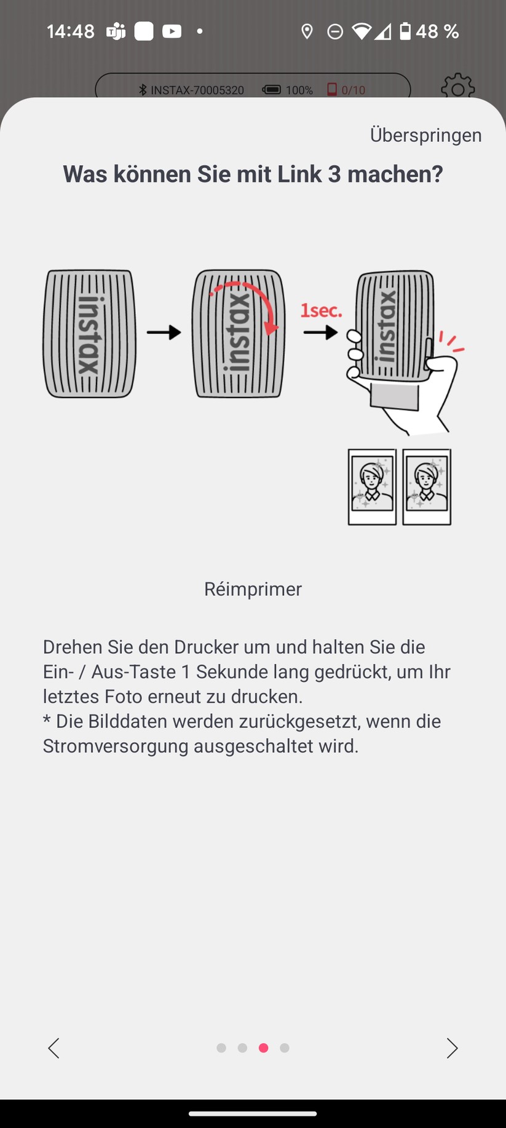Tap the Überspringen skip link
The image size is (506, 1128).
[425, 135]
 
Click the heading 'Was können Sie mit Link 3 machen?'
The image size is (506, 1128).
[253, 174]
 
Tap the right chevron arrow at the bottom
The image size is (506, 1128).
[452, 1048]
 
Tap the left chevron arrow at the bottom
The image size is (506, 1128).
[54, 1048]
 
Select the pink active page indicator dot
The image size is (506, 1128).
[263, 1048]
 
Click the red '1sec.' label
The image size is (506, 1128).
[321, 310]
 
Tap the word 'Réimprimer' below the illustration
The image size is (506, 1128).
[253, 589]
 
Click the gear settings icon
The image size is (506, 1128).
[458, 87]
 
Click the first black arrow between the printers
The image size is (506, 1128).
[164, 332]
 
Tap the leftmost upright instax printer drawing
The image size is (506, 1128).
[89, 334]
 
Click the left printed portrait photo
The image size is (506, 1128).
[372, 487]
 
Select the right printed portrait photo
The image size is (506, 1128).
[427, 487]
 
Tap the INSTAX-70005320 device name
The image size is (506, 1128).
[197, 90]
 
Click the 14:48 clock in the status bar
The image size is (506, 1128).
[71, 31]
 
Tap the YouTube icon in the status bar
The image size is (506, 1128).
[172, 31]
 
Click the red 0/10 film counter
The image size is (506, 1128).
[353, 90]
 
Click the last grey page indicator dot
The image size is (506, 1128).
[284, 1048]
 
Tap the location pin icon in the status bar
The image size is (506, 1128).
[307, 31]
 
